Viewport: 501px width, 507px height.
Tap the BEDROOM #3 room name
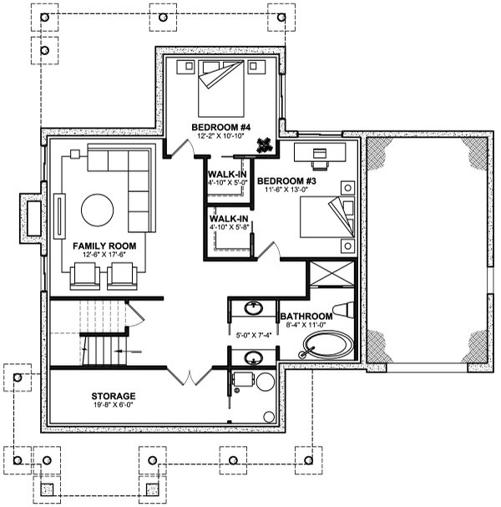[x=286, y=180]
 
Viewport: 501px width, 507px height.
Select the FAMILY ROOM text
[x=104, y=246]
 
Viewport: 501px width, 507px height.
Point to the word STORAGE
[x=114, y=395]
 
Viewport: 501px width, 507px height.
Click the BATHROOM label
[x=306, y=317]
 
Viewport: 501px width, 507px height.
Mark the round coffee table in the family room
[x=98, y=212]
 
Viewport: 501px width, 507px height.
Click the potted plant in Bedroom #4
[x=265, y=144]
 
